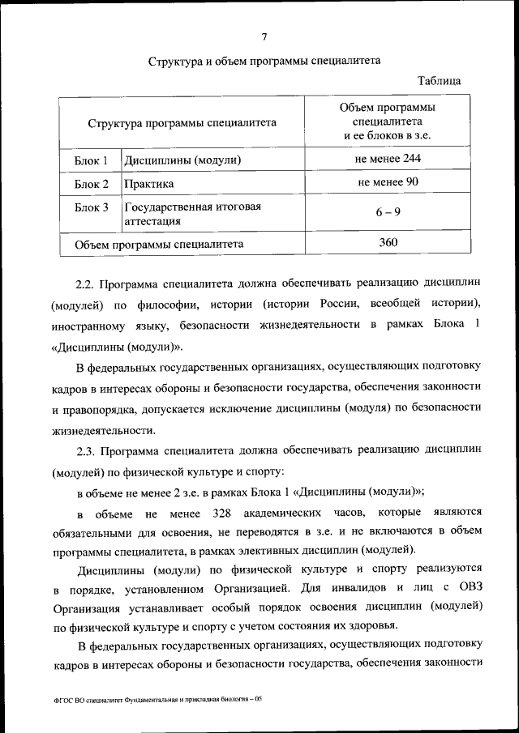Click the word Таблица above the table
pos(440,81)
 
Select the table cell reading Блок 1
pos(91,160)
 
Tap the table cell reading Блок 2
pos(91,184)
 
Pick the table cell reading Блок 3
pos(91,207)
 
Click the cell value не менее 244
pos(388,159)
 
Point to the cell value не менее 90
pos(388,182)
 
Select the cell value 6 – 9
pos(388,212)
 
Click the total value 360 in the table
pos(388,241)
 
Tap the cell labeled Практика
pos(149,184)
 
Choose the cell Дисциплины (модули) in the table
pos(182,160)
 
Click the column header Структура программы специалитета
pos(182,123)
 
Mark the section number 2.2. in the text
pos(86,283)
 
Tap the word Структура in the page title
pos(174,61)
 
